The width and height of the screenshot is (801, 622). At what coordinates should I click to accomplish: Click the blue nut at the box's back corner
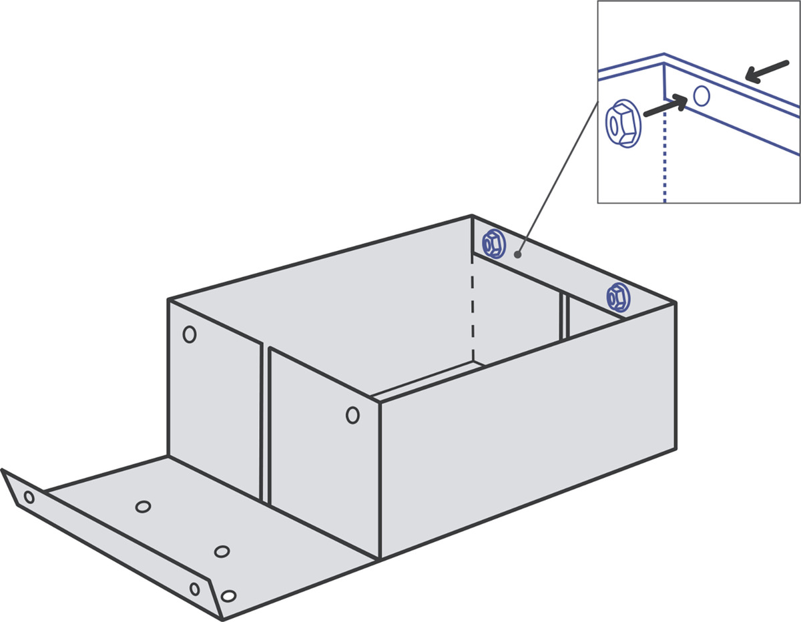pos(493,244)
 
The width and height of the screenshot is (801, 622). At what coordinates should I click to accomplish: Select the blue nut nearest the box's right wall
pos(618,297)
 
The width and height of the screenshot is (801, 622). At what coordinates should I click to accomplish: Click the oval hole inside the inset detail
pos(701,95)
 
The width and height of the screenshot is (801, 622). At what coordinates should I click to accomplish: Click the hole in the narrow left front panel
pos(190,334)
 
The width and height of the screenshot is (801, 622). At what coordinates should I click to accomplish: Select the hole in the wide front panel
pos(352,415)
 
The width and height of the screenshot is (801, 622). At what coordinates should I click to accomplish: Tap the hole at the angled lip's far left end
pos(29,497)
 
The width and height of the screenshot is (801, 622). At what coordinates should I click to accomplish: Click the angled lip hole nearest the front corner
pos(194,589)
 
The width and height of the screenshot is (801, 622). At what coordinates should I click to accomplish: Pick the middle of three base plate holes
pos(222,551)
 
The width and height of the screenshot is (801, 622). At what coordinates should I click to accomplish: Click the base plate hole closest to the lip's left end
pos(143,507)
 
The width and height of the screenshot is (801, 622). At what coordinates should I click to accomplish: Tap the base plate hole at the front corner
pos(228,595)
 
